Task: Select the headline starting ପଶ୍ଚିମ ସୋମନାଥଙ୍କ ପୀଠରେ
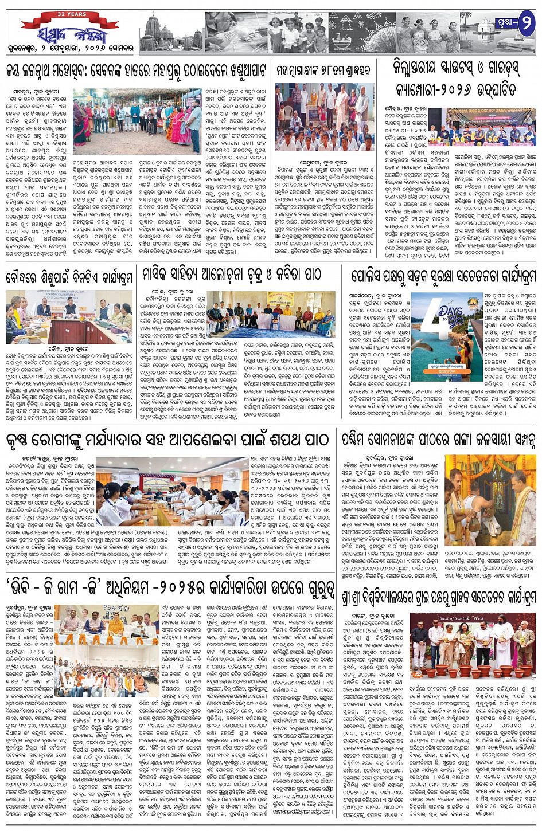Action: (439, 440)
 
